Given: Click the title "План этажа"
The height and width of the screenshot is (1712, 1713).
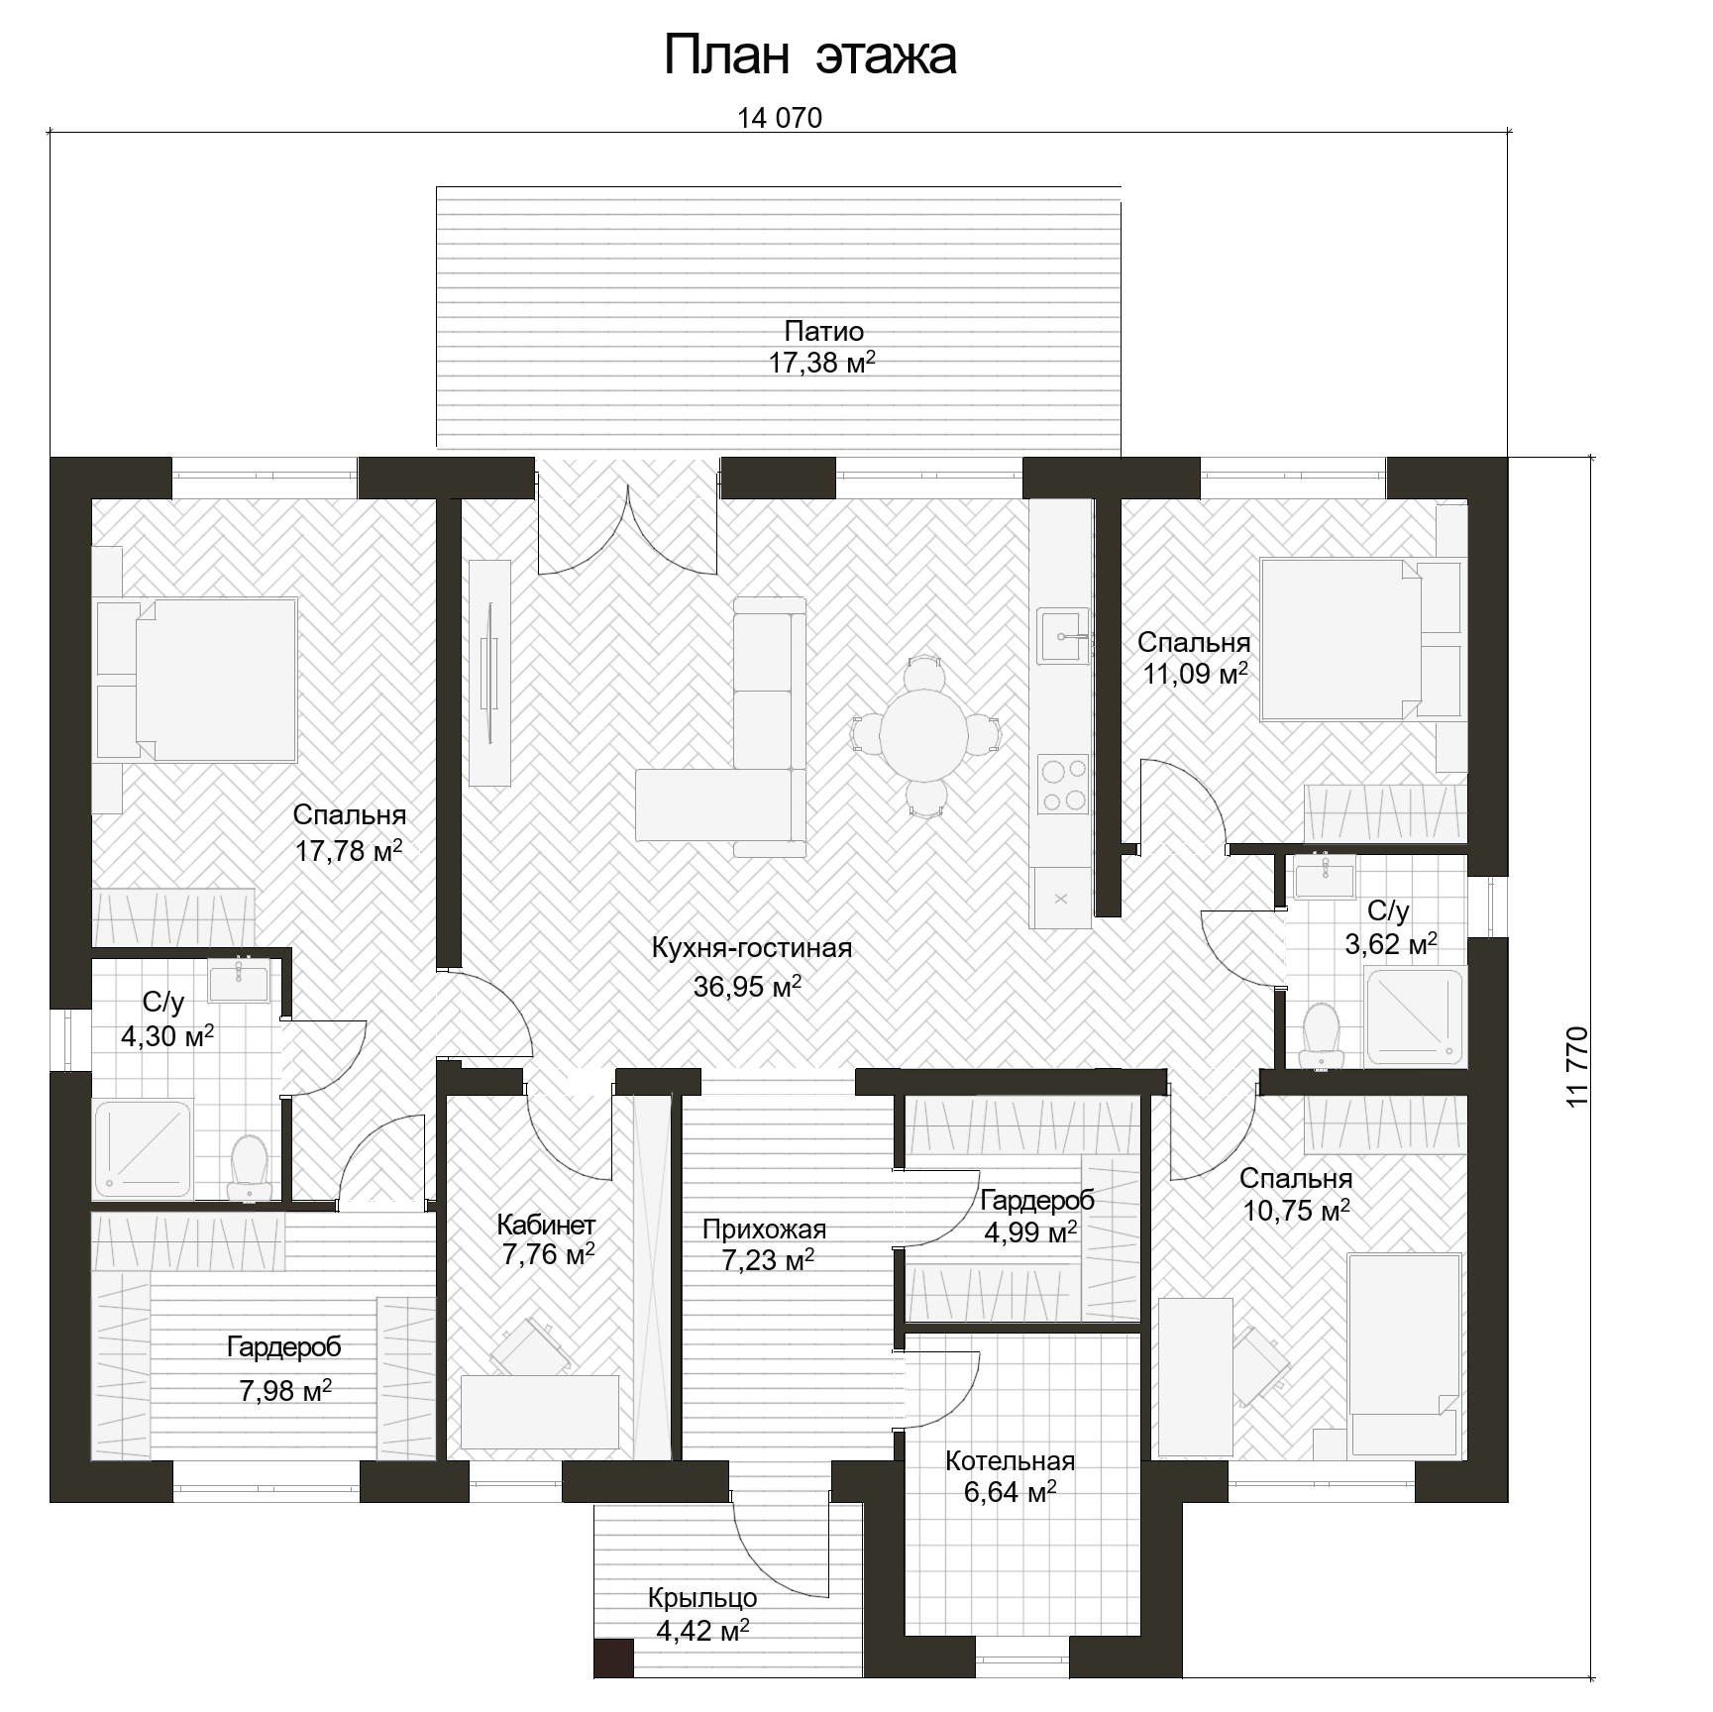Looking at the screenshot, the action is pos(809,55).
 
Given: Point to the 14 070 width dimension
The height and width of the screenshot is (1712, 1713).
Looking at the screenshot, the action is pos(780,118).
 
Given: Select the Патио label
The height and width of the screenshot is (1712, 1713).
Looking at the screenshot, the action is pos(824,331).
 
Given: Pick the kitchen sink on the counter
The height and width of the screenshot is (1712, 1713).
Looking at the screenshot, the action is pos(1062,635).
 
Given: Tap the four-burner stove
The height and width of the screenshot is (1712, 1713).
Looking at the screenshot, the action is pos(1063,784).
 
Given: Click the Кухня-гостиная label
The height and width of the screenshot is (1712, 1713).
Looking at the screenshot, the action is pos(752,948).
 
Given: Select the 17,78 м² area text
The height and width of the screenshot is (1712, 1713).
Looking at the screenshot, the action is pos(349,850).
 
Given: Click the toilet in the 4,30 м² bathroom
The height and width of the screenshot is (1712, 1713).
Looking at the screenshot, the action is pos(248,1168).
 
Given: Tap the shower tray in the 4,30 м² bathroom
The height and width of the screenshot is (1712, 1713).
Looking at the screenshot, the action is pos(143,1149).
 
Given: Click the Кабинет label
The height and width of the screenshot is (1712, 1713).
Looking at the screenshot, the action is pos(546,1225).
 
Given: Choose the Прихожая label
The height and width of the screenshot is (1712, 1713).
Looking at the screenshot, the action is pos(764,1230).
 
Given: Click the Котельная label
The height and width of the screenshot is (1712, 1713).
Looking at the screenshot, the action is pos(1010,1461).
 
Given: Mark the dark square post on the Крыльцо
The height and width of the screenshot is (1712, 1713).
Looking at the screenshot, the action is pos(614,1658).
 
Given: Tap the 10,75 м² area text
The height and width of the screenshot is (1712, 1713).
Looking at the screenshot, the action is pos(1296,1211).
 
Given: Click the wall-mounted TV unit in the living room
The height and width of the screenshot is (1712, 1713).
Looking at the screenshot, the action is pos(489,673).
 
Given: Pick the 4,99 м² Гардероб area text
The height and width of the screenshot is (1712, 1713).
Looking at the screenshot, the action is pos(1030,1232).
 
